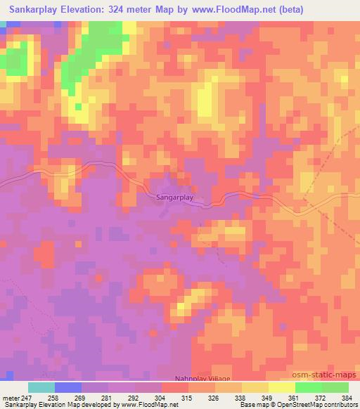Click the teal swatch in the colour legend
(41, 387)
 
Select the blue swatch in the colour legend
(68, 387)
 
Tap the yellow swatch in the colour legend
(281, 387)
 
